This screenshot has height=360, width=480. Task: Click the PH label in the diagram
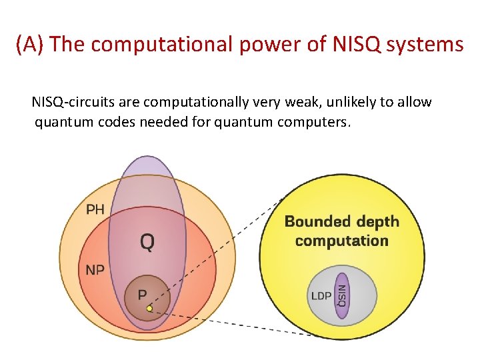pyautogui.click(x=95, y=209)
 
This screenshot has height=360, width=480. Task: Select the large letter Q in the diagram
pyautogui.click(x=147, y=241)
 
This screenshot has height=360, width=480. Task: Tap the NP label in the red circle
pyautogui.click(x=95, y=270)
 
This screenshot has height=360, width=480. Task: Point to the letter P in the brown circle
pyautogui.click(x=142, y=293)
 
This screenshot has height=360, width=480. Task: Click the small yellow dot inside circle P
pyautogui.click(x=150, y=309)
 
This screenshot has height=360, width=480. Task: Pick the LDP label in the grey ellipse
pyautogui.click(x=321, y=295)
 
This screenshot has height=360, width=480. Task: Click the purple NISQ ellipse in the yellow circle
pyautogui.click(x=342, y=295)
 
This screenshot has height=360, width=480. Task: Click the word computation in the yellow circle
pyautogui.click(x=341, y=241)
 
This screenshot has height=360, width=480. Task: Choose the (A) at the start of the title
pyautogui.click(x=31, y=45)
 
